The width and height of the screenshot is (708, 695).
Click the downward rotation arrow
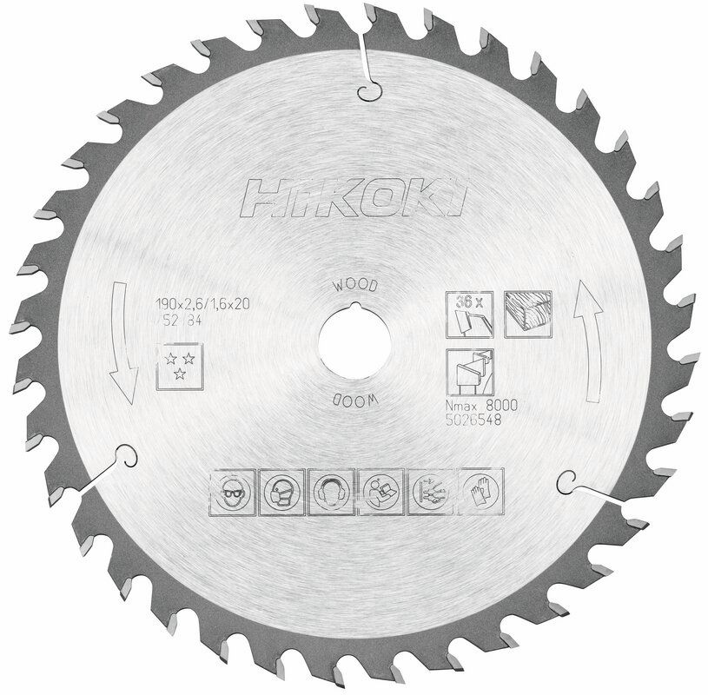(122, 347)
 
